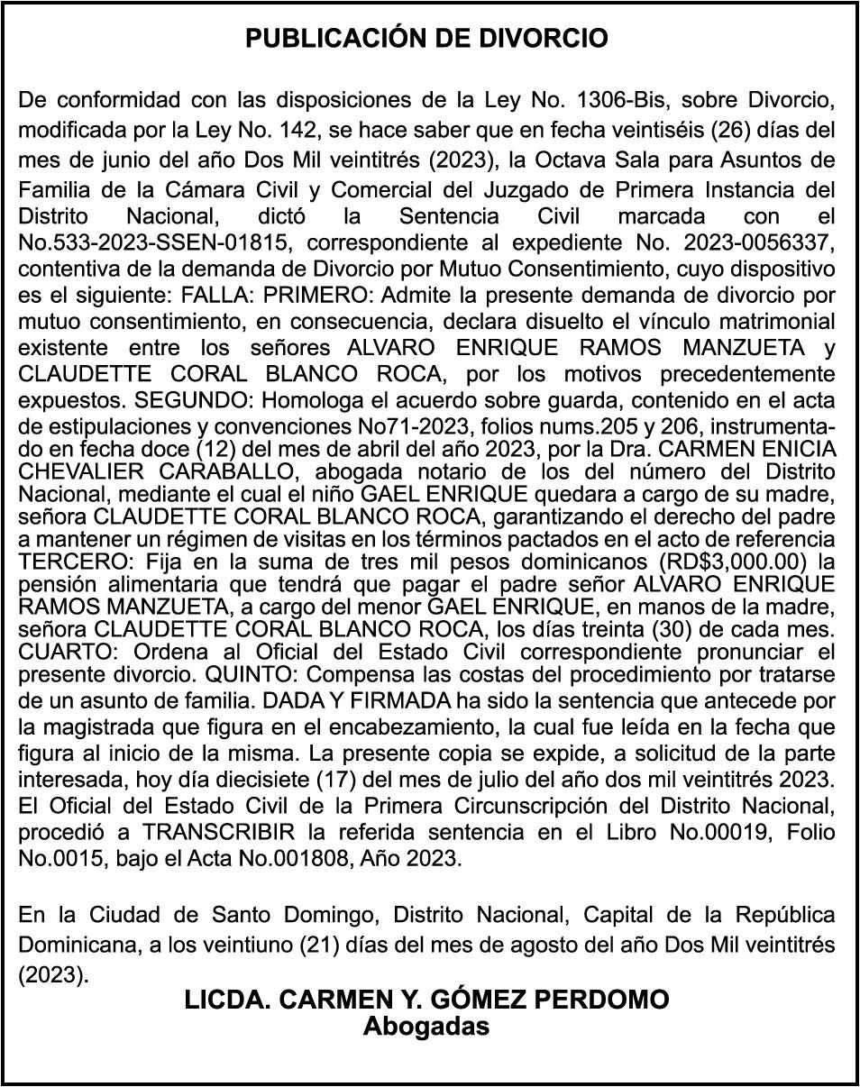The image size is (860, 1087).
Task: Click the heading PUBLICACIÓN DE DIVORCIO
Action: point(427,39)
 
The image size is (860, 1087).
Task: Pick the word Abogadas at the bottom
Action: point(426,1026)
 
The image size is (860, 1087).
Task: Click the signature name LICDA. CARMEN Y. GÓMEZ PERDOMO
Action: point(426,1000)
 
